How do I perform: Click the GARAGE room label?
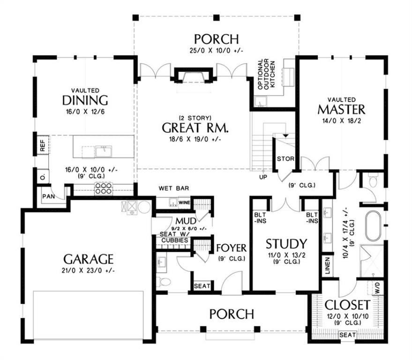tap(89, 259)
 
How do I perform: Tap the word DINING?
tap(85, 100)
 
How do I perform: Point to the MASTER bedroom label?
tap(341, 110)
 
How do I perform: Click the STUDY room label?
tap(286, 244)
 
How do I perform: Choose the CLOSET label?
tap(347, 303)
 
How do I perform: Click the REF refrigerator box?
tap(42, 145)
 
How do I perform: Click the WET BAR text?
tap(173, 188)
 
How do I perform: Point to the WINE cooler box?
tap(184, 203)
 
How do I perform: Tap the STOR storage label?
tap(285, 159)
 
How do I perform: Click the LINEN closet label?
tap(325, 266)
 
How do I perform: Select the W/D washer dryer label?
tap(378, 285)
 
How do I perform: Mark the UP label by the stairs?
tap(263, 178)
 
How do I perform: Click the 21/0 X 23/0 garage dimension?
tap(89, 270)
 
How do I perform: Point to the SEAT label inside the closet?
tap(347, 335)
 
